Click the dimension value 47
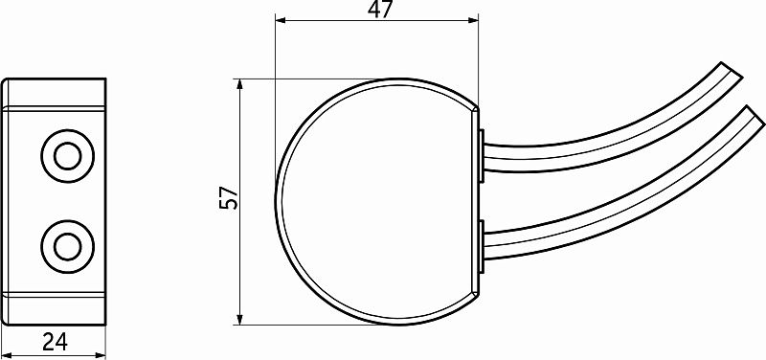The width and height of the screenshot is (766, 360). [x=375, y=11]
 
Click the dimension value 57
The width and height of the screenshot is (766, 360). [x=229, y=199]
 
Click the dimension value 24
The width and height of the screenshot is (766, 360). [x=54, y=341]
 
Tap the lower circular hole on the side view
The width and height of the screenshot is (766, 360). [x=67, y=246]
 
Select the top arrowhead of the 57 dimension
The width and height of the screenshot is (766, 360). [x=239, y=84]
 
